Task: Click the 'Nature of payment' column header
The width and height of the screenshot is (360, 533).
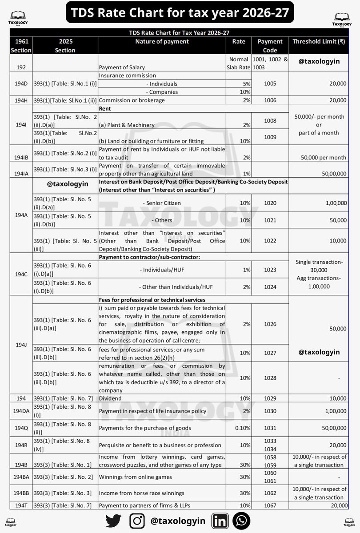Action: [x=162, y=41]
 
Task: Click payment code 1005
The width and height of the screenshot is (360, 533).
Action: [x=270, y=83]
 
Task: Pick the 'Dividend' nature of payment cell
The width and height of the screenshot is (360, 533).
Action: [x=110, y=399]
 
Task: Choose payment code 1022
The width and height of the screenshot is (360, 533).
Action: [x=270, y=240]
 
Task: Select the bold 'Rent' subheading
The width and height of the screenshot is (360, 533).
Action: [x=105, y=108]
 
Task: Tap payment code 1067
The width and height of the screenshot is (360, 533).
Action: [x=270, y=505]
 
